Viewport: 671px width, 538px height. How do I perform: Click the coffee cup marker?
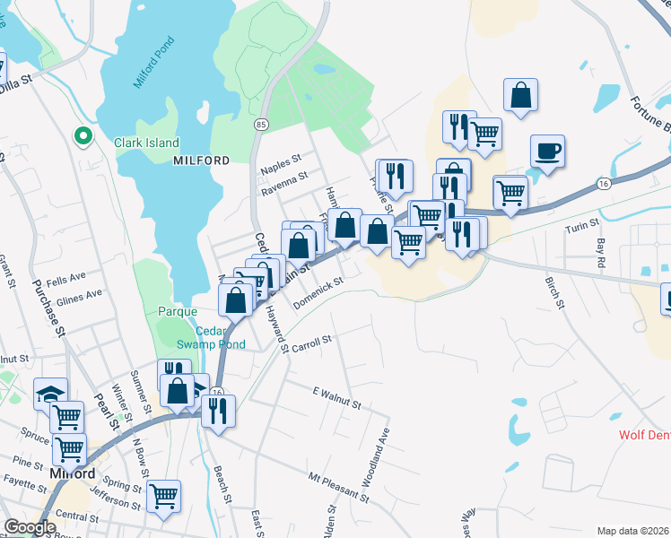click(546, 151)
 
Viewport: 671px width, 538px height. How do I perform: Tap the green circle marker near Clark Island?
click(83, 136)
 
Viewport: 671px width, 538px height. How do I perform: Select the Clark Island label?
click(146, 143)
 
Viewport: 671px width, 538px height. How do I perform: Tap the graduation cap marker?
click(50, 393)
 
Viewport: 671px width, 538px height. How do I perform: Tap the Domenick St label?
click(318, 291)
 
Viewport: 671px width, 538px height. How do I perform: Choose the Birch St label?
click(553, 292)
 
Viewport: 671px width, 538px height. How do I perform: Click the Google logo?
click(29, 527)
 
